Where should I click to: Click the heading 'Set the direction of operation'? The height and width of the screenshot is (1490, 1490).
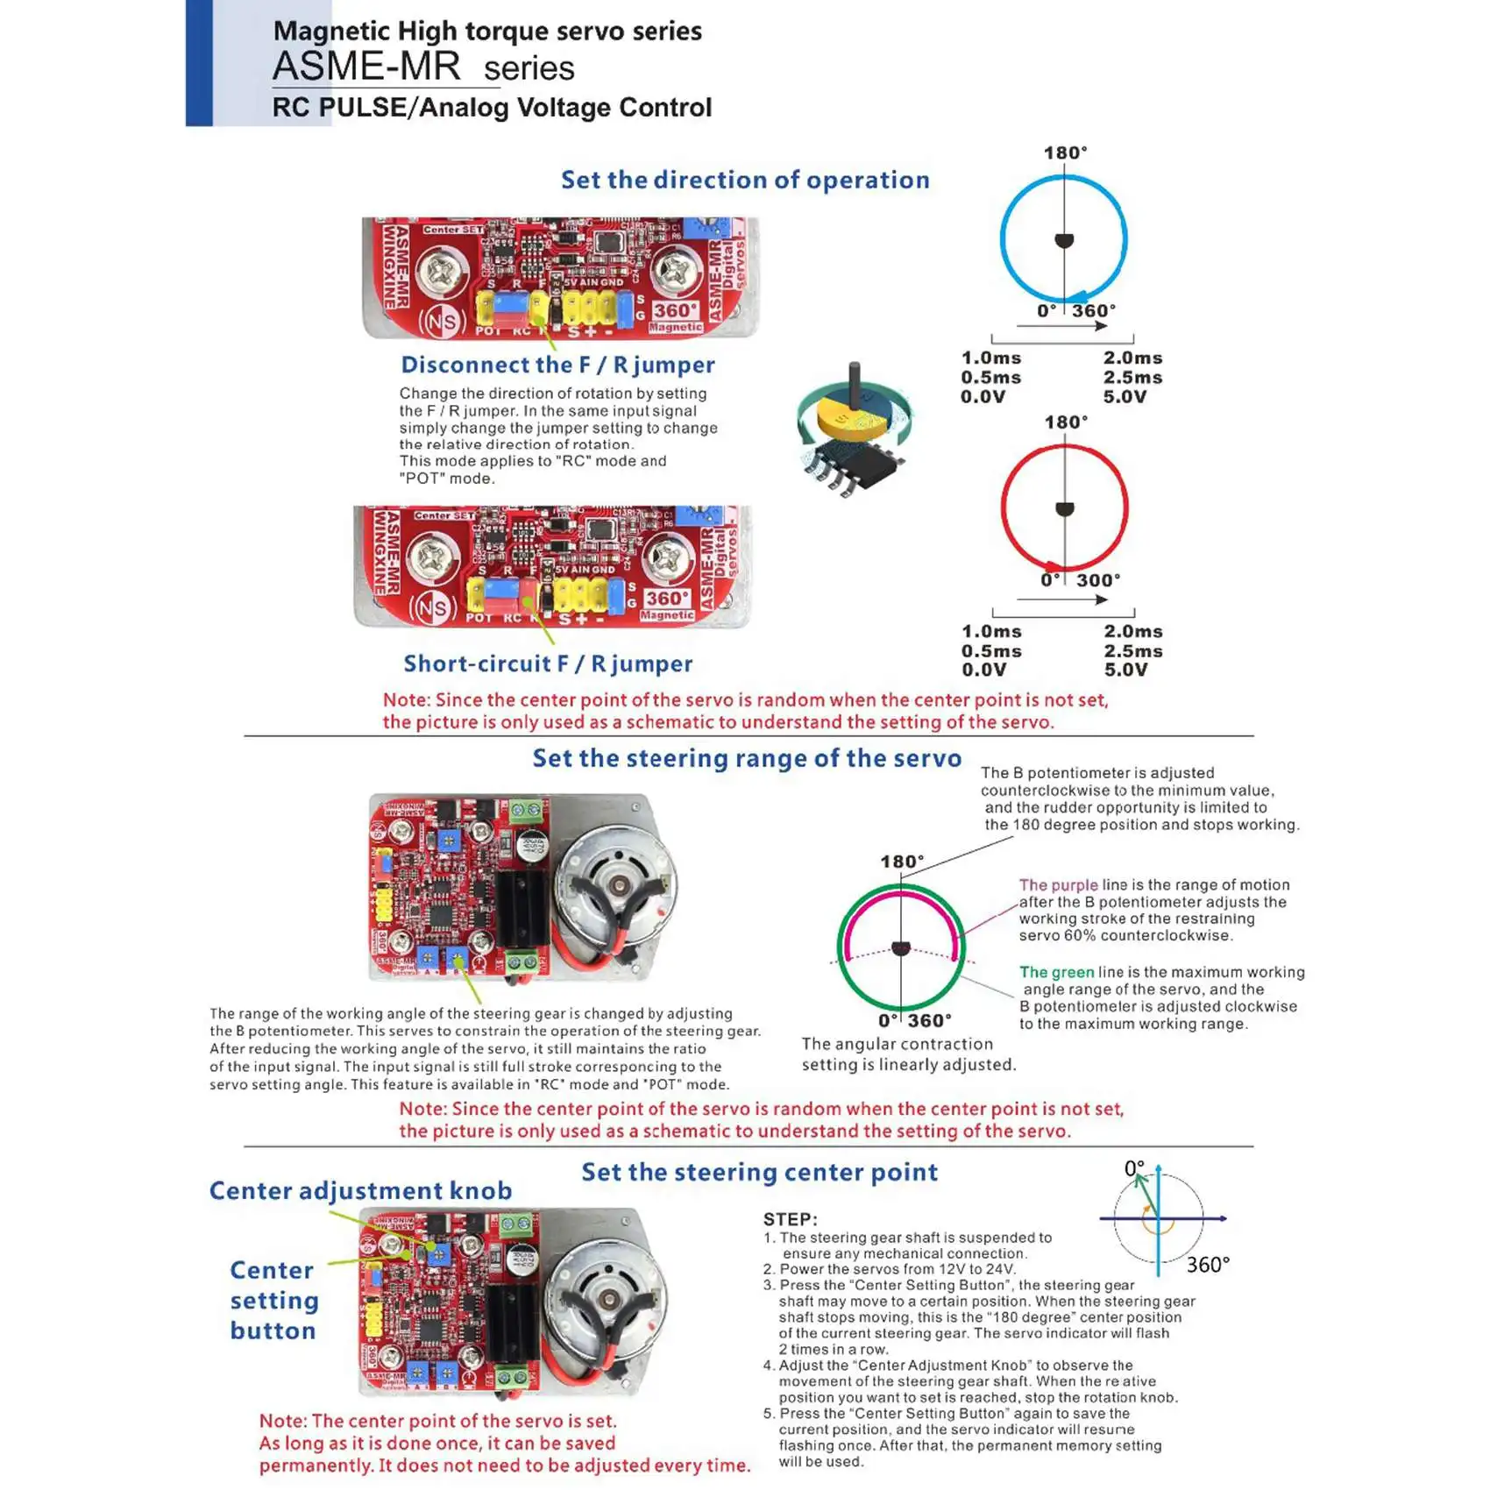pos(745,180)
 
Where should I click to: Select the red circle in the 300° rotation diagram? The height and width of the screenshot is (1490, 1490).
pos(1004,508)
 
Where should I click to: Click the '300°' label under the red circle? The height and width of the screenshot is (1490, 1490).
pos(1098,580)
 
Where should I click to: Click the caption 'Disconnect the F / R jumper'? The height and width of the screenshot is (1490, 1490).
pos(557,365)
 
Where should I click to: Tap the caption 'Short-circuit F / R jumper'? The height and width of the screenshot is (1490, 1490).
pos(548,663)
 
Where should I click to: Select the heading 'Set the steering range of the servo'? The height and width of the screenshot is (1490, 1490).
pos(747,758)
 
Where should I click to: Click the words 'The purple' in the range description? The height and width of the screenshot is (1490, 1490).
pos(1058,885)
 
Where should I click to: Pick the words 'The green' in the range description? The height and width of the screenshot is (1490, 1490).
pos(1056,972)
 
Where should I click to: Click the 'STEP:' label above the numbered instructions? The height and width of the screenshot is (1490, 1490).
pos(790,1219)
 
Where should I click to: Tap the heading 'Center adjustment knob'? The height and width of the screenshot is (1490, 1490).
pos(360,1190)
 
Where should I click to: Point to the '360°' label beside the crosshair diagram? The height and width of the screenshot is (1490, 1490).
pos(1208,1265)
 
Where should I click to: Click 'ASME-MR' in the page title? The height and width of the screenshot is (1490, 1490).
pos(366,67)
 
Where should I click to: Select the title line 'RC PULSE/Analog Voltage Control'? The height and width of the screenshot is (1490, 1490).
pos(492,108)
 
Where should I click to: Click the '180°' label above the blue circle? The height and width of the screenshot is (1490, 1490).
pos(1065,153)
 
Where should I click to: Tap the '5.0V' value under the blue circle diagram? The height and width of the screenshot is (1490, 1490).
pos(1125,396)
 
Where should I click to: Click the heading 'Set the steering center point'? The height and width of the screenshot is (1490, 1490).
pos(759,1172)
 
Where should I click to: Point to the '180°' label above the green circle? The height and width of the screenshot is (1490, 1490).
pos(902,862)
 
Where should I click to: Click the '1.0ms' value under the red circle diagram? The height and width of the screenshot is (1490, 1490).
pos(991,631)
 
